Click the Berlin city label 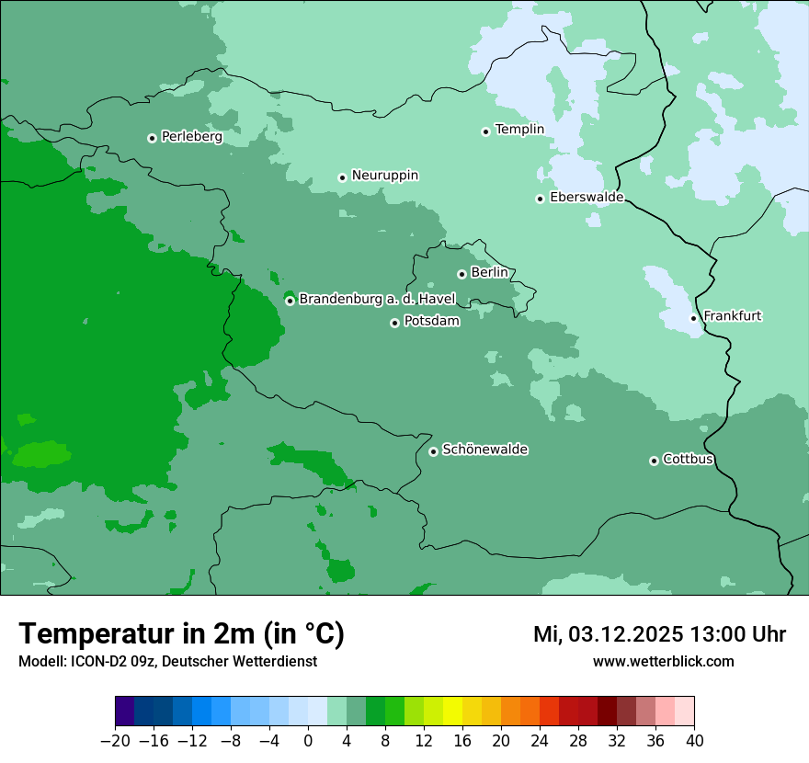489,273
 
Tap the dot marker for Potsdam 394,323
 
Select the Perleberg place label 191,137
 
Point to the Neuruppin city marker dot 342,177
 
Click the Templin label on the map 519,130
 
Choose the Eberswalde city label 587,198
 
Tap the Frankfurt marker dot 693,318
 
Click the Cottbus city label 688,460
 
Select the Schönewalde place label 484,450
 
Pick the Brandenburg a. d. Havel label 377,299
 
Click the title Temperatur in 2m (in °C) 181,634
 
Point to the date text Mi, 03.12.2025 607,634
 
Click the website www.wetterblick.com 663,661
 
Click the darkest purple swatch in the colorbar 125,712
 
